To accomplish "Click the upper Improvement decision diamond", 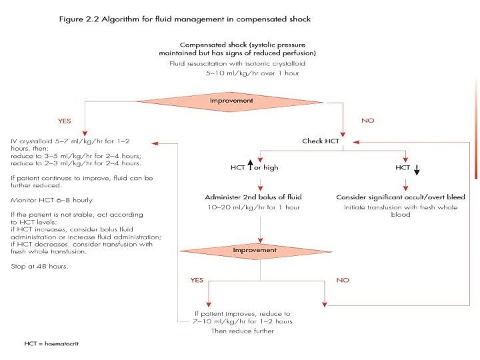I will pos(231,101).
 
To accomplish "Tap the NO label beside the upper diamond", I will pos(367,121).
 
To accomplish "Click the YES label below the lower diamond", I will pos(197,280).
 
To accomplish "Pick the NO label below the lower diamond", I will pos(343,280).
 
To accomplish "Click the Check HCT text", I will pos(321,141).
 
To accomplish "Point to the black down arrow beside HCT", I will pos(417,169).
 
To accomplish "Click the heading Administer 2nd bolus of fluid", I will pos(255,197).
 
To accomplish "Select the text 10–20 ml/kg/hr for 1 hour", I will pos(255,207).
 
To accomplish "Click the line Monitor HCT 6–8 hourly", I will pos(51,200).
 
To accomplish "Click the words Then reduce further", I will pos(243,331).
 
